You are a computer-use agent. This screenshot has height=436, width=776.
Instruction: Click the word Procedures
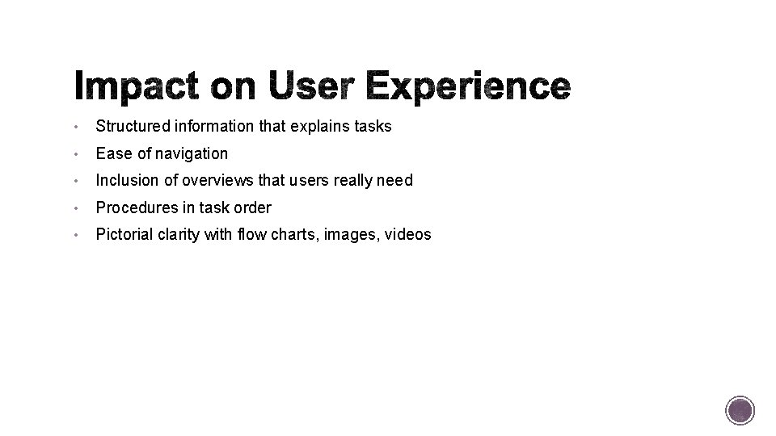point(134,208)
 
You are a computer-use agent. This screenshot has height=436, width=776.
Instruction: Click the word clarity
point(183,235)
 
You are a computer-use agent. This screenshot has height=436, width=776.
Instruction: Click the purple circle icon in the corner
point(740,410)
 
